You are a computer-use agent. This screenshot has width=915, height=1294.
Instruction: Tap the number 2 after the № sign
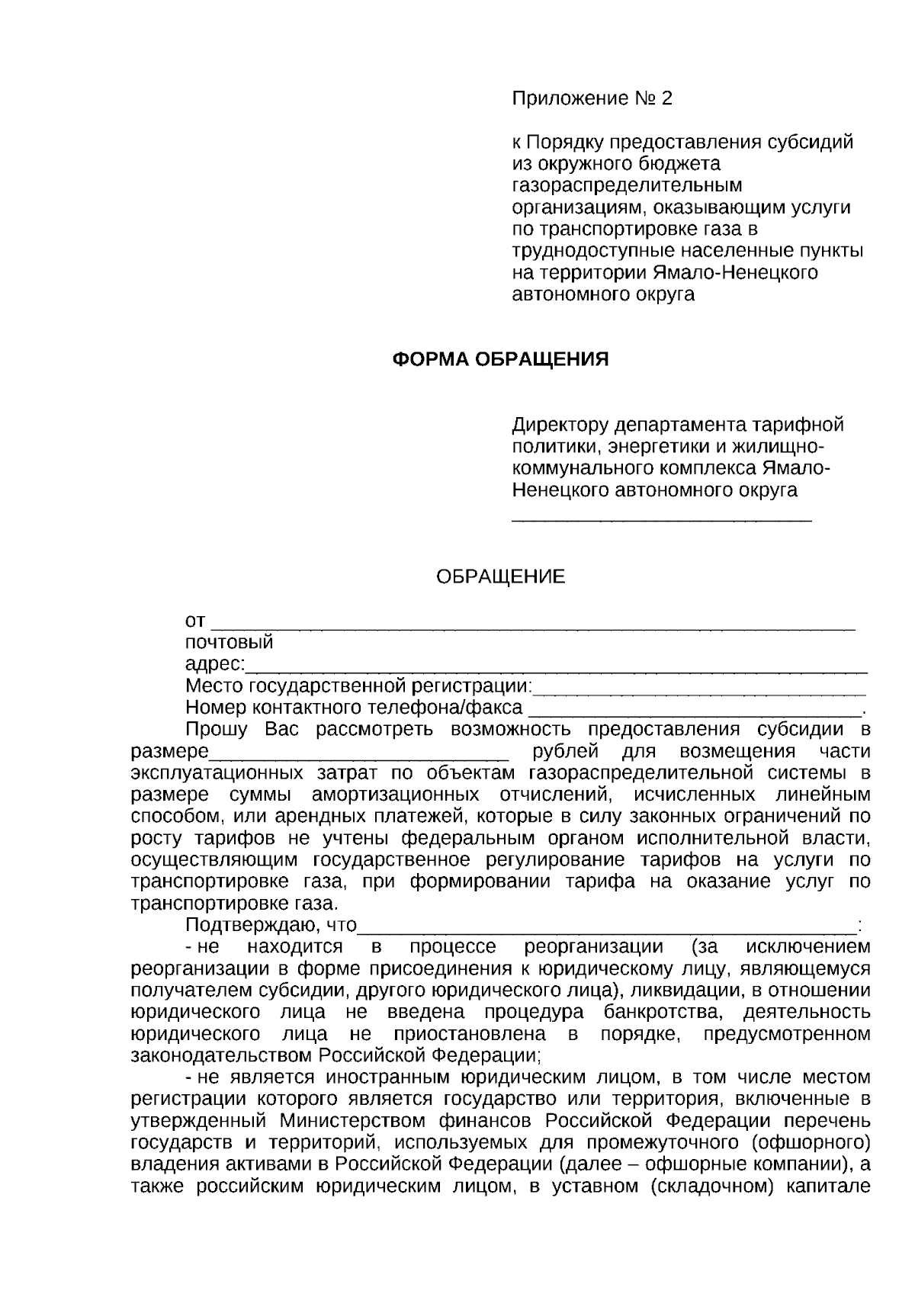pyautogui.click(x=668, y=99)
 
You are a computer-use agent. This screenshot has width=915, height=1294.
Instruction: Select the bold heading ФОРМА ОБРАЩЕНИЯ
pyautogui.click(x=500, y=359)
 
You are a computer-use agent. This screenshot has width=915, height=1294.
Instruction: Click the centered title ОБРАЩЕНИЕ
pyautogui.click(x=500, y=577)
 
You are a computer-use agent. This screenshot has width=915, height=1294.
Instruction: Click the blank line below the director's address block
pyautogui.click(x=661, y=520)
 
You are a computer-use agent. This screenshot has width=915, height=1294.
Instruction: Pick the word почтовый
pyautogui.click(x=229, y=643)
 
